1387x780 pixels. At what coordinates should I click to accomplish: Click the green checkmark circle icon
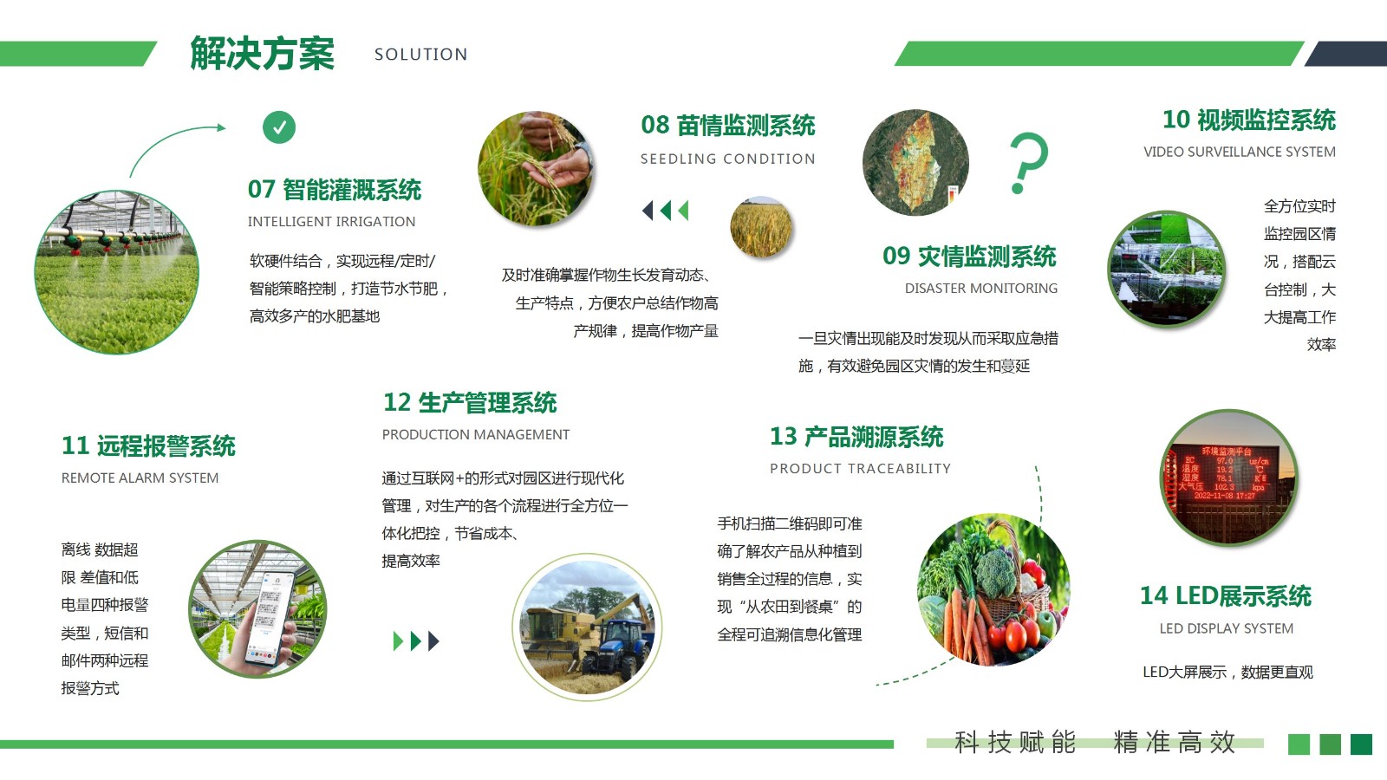click(279, 127)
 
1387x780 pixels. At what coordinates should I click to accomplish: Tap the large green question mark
click(1028, 162)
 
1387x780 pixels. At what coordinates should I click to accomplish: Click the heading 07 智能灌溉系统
click(335, 190)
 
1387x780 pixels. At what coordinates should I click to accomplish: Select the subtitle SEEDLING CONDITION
click(727, 159)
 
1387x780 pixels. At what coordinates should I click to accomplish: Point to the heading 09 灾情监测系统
click(970, 257)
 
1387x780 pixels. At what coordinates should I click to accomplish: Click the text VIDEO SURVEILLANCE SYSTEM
click(1239, 152)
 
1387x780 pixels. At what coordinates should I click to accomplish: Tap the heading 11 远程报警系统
click(148, 445)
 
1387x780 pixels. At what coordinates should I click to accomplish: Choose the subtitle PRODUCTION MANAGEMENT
click(476, 434)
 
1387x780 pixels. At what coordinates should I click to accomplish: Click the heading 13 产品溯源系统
click(856, 437)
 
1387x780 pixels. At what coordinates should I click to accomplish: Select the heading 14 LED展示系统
click(1226, 595)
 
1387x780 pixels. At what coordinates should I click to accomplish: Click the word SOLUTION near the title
click(421, 55)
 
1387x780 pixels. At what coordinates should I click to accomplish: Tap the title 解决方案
click(262, 53)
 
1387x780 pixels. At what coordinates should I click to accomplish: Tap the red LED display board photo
click(1228, 478)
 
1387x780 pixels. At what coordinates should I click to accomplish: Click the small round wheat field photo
click(761, 227)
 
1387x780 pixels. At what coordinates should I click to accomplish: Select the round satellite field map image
click(915, 163)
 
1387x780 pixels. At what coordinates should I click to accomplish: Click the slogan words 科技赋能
click(1015, 742)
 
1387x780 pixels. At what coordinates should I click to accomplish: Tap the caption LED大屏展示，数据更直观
click(1227, 672)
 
